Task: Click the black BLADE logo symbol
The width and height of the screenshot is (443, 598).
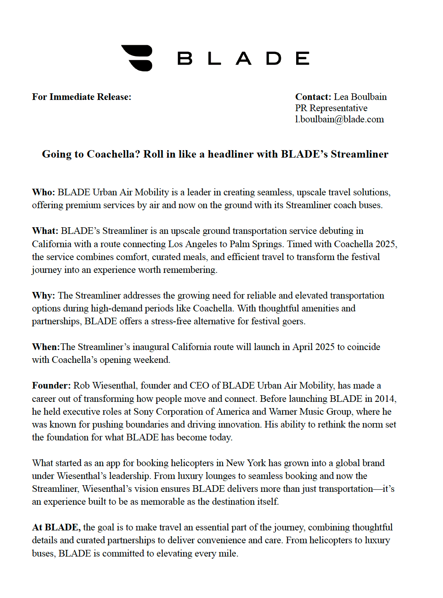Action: (x=137, y=58)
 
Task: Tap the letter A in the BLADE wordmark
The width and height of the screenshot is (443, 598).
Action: (x=244, y=58)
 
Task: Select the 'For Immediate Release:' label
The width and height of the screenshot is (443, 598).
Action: (x=82, y=97)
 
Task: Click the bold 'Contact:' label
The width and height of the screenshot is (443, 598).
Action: (x=313, y=97)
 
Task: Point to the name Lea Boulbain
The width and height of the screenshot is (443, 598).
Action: (x=360, y=97)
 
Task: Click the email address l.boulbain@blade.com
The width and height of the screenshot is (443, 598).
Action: (x=339, y=119)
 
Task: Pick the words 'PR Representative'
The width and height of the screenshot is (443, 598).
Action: (x=331, y=108)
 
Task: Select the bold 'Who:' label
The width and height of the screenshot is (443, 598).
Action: (x=44, y=192)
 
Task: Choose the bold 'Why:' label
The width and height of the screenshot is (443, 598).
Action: (x=44, y=296)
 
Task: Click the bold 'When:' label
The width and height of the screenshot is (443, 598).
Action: (x=46, y=347)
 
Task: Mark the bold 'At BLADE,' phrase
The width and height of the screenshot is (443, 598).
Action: (x=56, y=528)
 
